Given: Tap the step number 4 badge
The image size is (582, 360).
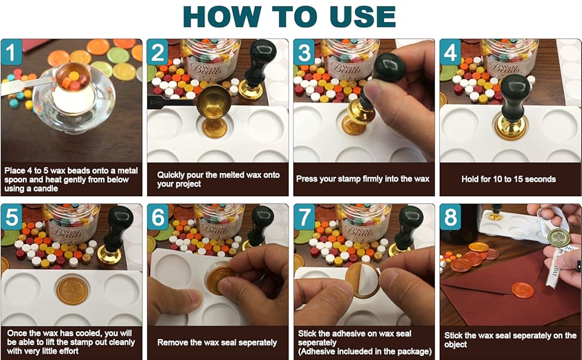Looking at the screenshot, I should tap(451, 52).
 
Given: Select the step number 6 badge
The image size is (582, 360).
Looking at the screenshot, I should tap(158, 217).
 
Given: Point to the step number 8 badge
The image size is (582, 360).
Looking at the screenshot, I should tap(451, 217).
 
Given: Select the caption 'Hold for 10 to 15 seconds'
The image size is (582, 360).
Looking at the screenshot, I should tap(508, 179).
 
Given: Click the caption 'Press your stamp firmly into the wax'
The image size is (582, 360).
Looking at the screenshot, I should tap(363, 179).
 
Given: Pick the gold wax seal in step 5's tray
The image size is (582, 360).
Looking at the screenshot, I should tap(72, 290).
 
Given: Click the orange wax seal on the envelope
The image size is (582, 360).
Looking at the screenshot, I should tap(523, 290).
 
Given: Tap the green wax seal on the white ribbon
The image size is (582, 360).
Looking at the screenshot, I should tap(559, 238).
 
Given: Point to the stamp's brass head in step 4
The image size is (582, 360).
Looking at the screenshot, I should tap(512, 127).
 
